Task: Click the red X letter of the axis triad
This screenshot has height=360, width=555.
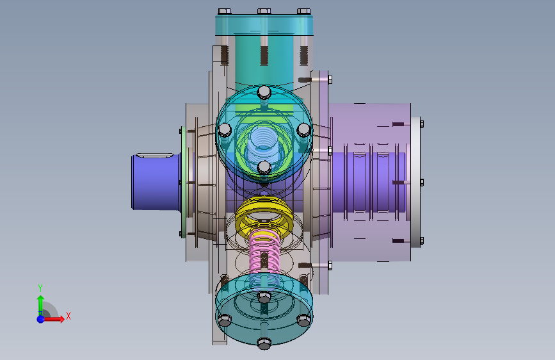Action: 68,316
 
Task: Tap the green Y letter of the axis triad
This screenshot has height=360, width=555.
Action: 40,288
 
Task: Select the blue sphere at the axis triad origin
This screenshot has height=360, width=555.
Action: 40,318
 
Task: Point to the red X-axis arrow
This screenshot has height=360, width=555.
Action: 56,318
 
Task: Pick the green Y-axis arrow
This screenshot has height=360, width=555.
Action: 40,302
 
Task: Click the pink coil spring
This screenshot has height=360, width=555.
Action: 264,254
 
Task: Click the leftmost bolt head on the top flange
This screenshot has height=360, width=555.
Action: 223,12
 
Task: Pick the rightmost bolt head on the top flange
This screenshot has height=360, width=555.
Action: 303,12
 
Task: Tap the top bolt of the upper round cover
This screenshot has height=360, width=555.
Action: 264,92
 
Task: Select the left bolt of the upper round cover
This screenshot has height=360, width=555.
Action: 224,130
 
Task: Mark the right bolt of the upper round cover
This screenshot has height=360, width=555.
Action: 303,130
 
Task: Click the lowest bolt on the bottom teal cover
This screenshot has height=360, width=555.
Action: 264,344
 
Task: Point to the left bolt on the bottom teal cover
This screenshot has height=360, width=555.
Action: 224,319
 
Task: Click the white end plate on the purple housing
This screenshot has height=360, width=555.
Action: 415,181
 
